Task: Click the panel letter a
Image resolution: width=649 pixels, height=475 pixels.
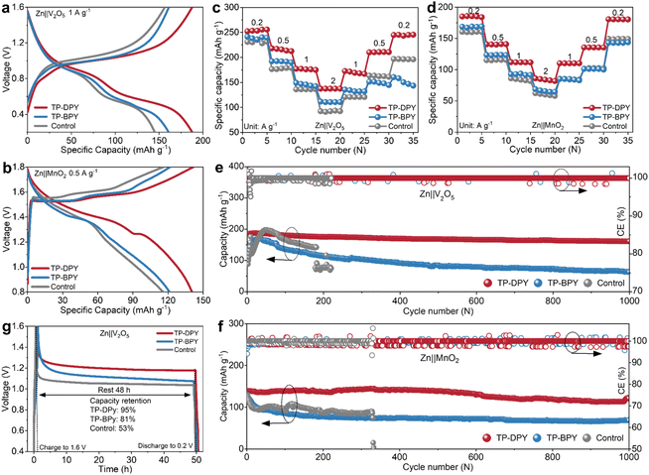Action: (x=7, y=8)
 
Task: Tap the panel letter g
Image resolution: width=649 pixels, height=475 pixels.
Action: (x=8, y=323)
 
